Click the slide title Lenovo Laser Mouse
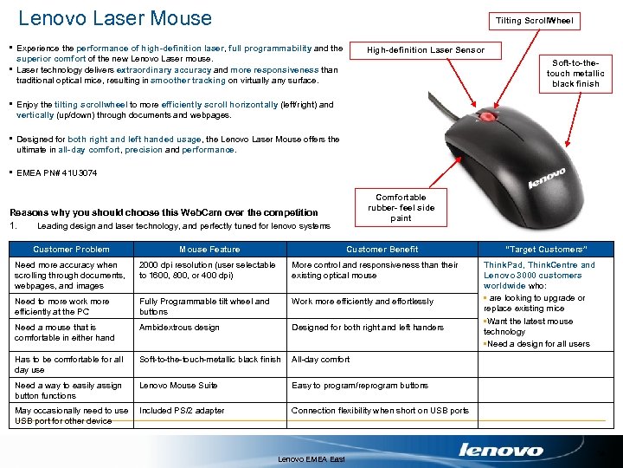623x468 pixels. pos(114,18)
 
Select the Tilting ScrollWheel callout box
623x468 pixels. pos(534,20)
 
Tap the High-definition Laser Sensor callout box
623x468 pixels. pos(425,50)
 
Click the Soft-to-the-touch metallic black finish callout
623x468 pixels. pos(575,74)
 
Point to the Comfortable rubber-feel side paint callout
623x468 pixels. pos(401,208)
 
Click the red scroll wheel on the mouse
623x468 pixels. pos(488,115)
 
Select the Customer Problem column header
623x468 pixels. pos(71,250)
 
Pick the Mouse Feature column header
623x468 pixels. pos(209,250)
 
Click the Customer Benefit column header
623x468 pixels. pos(382,250)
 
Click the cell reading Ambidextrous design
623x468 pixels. pos(179,328)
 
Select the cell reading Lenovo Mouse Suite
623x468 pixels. pos(178,386)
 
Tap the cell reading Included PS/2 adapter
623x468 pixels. pos(182,411)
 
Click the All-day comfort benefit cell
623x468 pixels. pos(320,360)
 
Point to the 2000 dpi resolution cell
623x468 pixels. pos(208,270)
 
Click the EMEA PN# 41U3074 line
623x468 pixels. pos(57,173)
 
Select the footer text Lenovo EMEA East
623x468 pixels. pos(311,458)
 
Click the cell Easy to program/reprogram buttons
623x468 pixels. pos(360,386)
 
